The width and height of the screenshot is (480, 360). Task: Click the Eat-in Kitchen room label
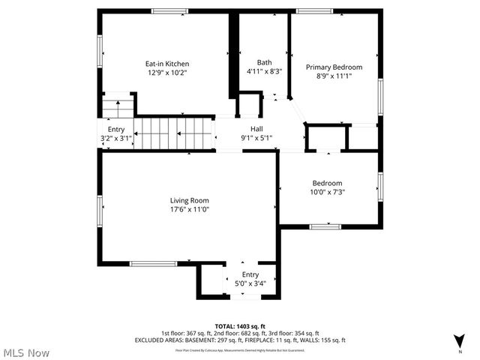coord(166,64)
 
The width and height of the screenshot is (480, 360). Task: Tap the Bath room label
coord(264,62)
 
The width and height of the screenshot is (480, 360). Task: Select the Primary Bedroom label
coord(334,67)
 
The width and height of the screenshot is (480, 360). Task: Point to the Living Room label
coord(189,200)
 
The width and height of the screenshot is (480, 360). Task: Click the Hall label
coord(256,128)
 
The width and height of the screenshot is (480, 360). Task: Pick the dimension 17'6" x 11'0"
coord(189,210)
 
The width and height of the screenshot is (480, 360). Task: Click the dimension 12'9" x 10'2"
coord(166,73)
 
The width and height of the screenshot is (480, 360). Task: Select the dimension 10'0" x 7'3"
coord(328,192)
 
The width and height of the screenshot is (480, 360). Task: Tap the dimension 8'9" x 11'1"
coord(334,76)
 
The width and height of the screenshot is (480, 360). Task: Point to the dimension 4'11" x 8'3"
coord(264,72)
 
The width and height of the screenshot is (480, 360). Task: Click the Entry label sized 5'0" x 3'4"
coord(250,274)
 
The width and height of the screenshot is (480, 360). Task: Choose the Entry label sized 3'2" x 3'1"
coord(115,129)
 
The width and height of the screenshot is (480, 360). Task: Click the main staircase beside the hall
coord(174,133)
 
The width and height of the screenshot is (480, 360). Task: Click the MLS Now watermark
coord(26,352)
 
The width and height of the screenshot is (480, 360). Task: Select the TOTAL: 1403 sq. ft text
coord(240,326)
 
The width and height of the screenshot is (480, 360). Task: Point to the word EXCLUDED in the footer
coord(151,340)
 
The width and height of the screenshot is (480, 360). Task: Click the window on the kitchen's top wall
coord(165,10)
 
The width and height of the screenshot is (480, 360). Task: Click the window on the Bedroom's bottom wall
coord(325,226)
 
